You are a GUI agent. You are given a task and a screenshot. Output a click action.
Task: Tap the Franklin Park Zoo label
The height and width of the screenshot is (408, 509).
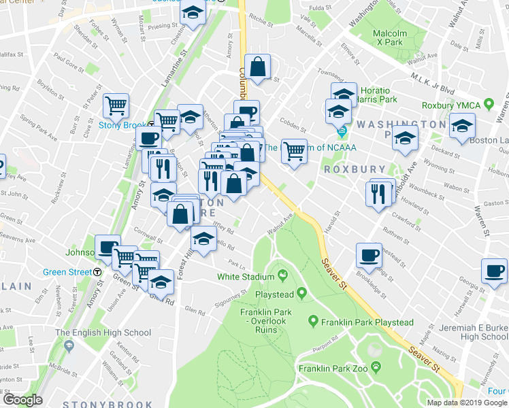[333, 369]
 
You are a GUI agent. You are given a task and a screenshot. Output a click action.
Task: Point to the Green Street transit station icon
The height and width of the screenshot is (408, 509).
[97, 271]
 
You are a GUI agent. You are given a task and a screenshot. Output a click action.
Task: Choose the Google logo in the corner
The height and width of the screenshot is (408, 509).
[22, 399]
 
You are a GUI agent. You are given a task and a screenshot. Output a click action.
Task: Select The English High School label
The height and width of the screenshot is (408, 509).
[103, 333]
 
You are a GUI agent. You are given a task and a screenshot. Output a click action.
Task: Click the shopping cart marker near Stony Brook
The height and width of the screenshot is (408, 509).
[116, 105]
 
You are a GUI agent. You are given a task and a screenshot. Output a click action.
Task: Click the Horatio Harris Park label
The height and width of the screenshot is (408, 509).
[376, 95]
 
